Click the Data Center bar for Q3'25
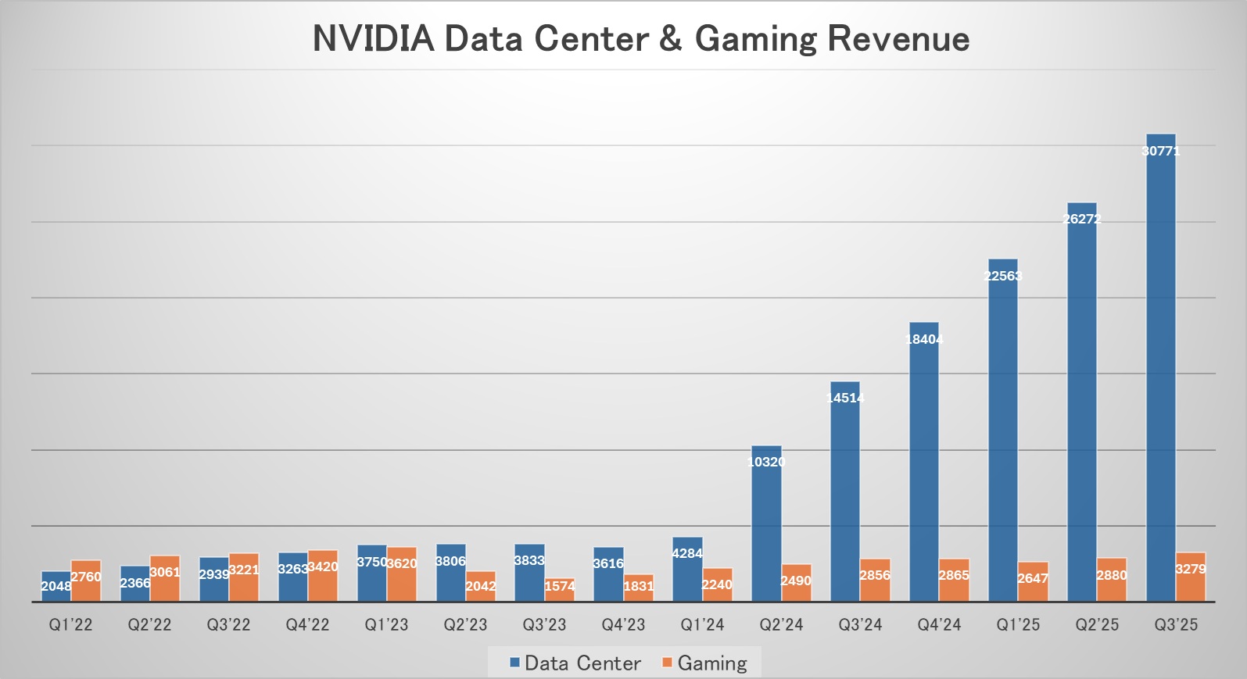[1161, 367]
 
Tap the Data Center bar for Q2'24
[766, 524]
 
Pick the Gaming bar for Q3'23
[560, 590]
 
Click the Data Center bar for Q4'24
[924, 461]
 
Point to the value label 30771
[1161, 151]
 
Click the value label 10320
[766, 462]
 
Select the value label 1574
[560, 586]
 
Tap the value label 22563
[1003, 276]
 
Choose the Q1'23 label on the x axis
[386, 625]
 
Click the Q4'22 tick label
[307, 625]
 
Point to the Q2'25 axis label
[1097, 625]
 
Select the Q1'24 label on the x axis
[702, 625]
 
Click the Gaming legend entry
[711, 663]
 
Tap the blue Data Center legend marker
[514, 663]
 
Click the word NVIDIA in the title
[373, 39]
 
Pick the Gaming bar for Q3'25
[1191, 577]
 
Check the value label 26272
[1082, 219]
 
